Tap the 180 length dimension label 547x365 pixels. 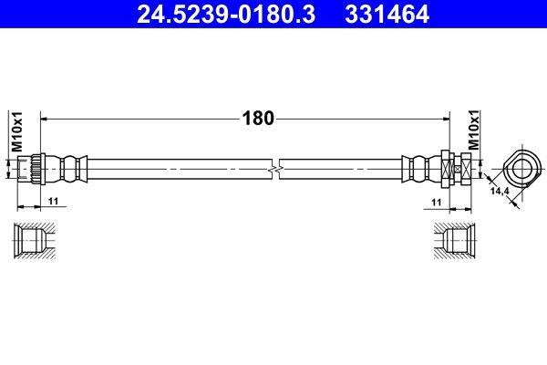257,118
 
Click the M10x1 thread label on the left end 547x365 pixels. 16,130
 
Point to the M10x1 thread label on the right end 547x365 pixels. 474,130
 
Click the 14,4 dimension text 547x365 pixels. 499,192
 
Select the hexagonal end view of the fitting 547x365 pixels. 521,168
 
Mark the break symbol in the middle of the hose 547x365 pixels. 275,169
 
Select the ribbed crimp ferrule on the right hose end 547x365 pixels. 420,169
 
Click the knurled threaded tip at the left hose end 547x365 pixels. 28,169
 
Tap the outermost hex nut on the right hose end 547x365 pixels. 466,169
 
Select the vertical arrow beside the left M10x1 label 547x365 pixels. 8,169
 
